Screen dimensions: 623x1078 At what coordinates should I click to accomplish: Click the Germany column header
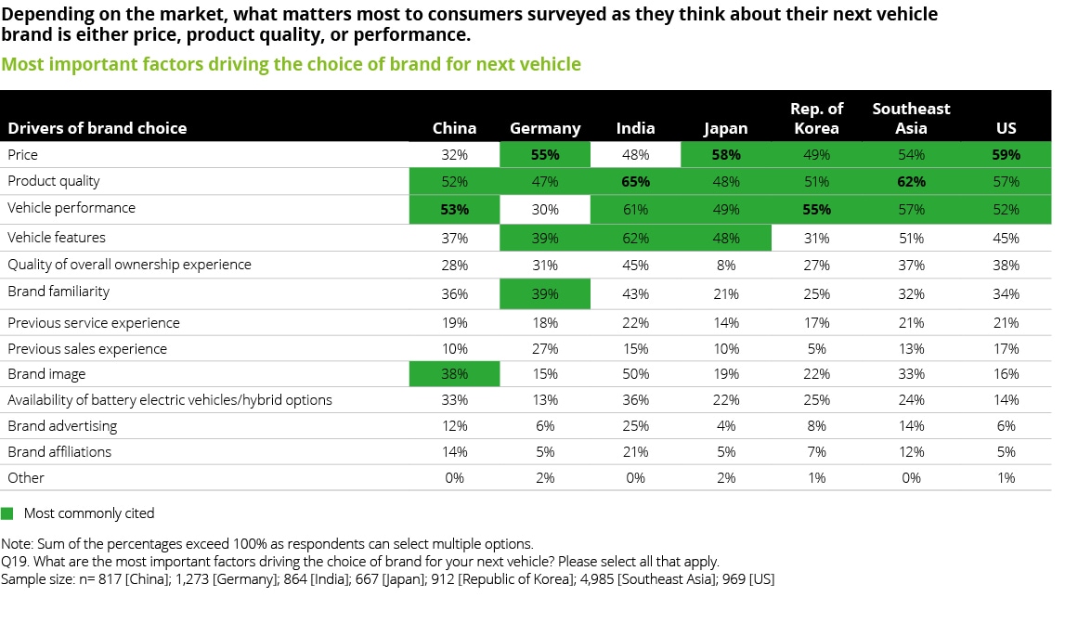tap(545, 128)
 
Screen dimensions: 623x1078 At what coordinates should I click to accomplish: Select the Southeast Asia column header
tap(911, 118)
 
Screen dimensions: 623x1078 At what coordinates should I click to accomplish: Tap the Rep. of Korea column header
tap(816, 118)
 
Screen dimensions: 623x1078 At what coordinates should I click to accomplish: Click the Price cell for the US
tap(1005, 155)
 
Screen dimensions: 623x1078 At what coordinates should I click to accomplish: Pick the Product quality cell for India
tap(635, 182)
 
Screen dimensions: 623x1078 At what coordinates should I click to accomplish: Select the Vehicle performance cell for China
tap(454, 209)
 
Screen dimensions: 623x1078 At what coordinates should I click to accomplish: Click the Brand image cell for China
tap(454, 374)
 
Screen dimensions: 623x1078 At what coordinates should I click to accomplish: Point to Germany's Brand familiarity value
tap(545, 293)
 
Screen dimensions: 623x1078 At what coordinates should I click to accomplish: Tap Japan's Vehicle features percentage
tap(726, 238)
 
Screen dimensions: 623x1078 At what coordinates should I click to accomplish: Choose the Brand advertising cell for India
tap(635, 426)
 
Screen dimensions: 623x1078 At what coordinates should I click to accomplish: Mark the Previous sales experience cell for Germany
tap(545, 349)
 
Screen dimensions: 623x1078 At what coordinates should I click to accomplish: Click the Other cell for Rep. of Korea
tap(816, 478)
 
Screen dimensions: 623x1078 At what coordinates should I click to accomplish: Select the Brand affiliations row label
tap(59, 452)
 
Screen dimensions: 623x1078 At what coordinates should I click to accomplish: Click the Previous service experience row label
tap(94, 323)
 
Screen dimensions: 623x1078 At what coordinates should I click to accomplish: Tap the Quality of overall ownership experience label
tap(129, 265)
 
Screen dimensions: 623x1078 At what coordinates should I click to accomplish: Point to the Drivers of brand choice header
tap(97, 128)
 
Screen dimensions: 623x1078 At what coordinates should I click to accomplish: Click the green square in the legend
tap(7, 513)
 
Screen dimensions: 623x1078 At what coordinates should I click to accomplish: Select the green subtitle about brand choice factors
tap(291, 64)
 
